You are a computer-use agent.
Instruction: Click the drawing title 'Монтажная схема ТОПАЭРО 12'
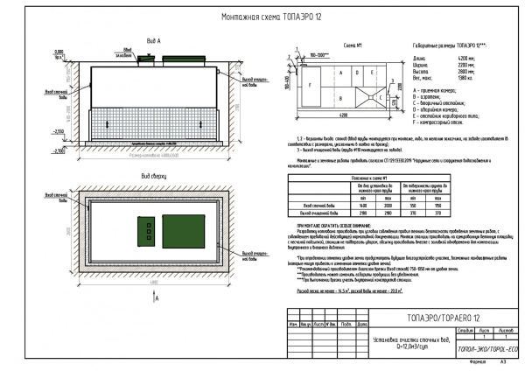tap(262, 17)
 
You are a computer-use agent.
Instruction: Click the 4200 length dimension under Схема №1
tap(344, 115)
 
